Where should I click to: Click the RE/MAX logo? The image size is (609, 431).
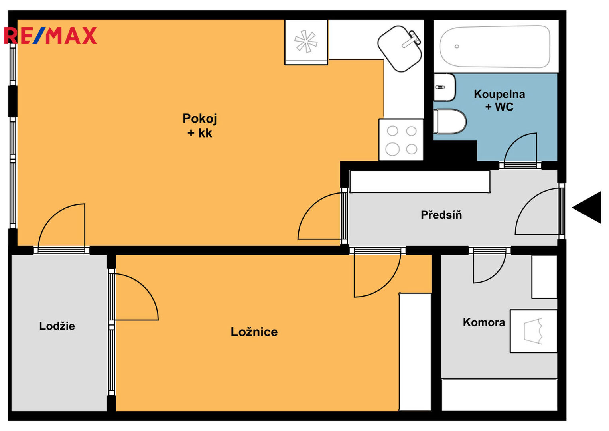50,36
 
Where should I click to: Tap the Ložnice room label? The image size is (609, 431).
254,332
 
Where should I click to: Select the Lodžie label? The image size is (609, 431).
57,326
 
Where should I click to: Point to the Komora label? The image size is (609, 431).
484,322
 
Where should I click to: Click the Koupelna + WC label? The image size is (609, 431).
499,100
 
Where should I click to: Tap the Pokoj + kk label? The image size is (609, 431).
199,126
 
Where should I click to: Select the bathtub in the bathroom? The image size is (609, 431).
495,46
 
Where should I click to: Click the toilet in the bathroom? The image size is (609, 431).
450,121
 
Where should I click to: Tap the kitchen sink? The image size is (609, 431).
400,48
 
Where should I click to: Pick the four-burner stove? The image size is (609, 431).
401,140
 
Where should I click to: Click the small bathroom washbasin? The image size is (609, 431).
444,87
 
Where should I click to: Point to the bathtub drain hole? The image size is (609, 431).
457,47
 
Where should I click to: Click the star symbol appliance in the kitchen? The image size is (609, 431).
306,42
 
